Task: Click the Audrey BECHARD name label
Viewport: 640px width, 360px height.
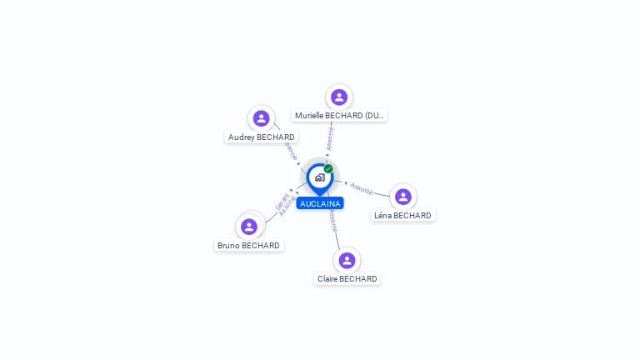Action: tap(261, 137)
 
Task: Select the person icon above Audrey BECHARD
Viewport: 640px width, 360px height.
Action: tap(261, 118)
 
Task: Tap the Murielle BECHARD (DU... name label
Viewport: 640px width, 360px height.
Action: tap(340, 116)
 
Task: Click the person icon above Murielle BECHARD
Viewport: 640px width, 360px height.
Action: tap(339, 97)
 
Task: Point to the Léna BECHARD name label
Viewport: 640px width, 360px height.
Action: tap(402, 215)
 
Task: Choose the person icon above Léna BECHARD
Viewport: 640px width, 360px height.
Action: tap(403, 197)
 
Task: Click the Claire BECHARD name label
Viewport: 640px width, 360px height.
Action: tap(347, 278)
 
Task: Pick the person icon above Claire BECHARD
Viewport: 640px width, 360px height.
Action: tap(347, 260)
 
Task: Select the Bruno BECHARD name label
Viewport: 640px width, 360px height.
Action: tap(248, 245)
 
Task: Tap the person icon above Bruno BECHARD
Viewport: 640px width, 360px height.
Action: tap(249, 226)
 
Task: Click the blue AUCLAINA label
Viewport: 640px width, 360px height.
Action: tap(320, 203)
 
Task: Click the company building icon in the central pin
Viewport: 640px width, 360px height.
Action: tap(319, 177)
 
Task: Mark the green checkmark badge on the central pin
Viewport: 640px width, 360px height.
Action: tap(328, 168)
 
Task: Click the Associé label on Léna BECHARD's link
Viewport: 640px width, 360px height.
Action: tap(362, 188)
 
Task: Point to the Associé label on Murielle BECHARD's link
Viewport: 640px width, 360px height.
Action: tap(330, 138)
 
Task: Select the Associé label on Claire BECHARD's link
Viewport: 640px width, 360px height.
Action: tap(333, 221)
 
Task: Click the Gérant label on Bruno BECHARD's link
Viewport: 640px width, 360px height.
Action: tap(279, 201)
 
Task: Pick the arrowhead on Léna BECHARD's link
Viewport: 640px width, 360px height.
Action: tap(346, 182)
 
